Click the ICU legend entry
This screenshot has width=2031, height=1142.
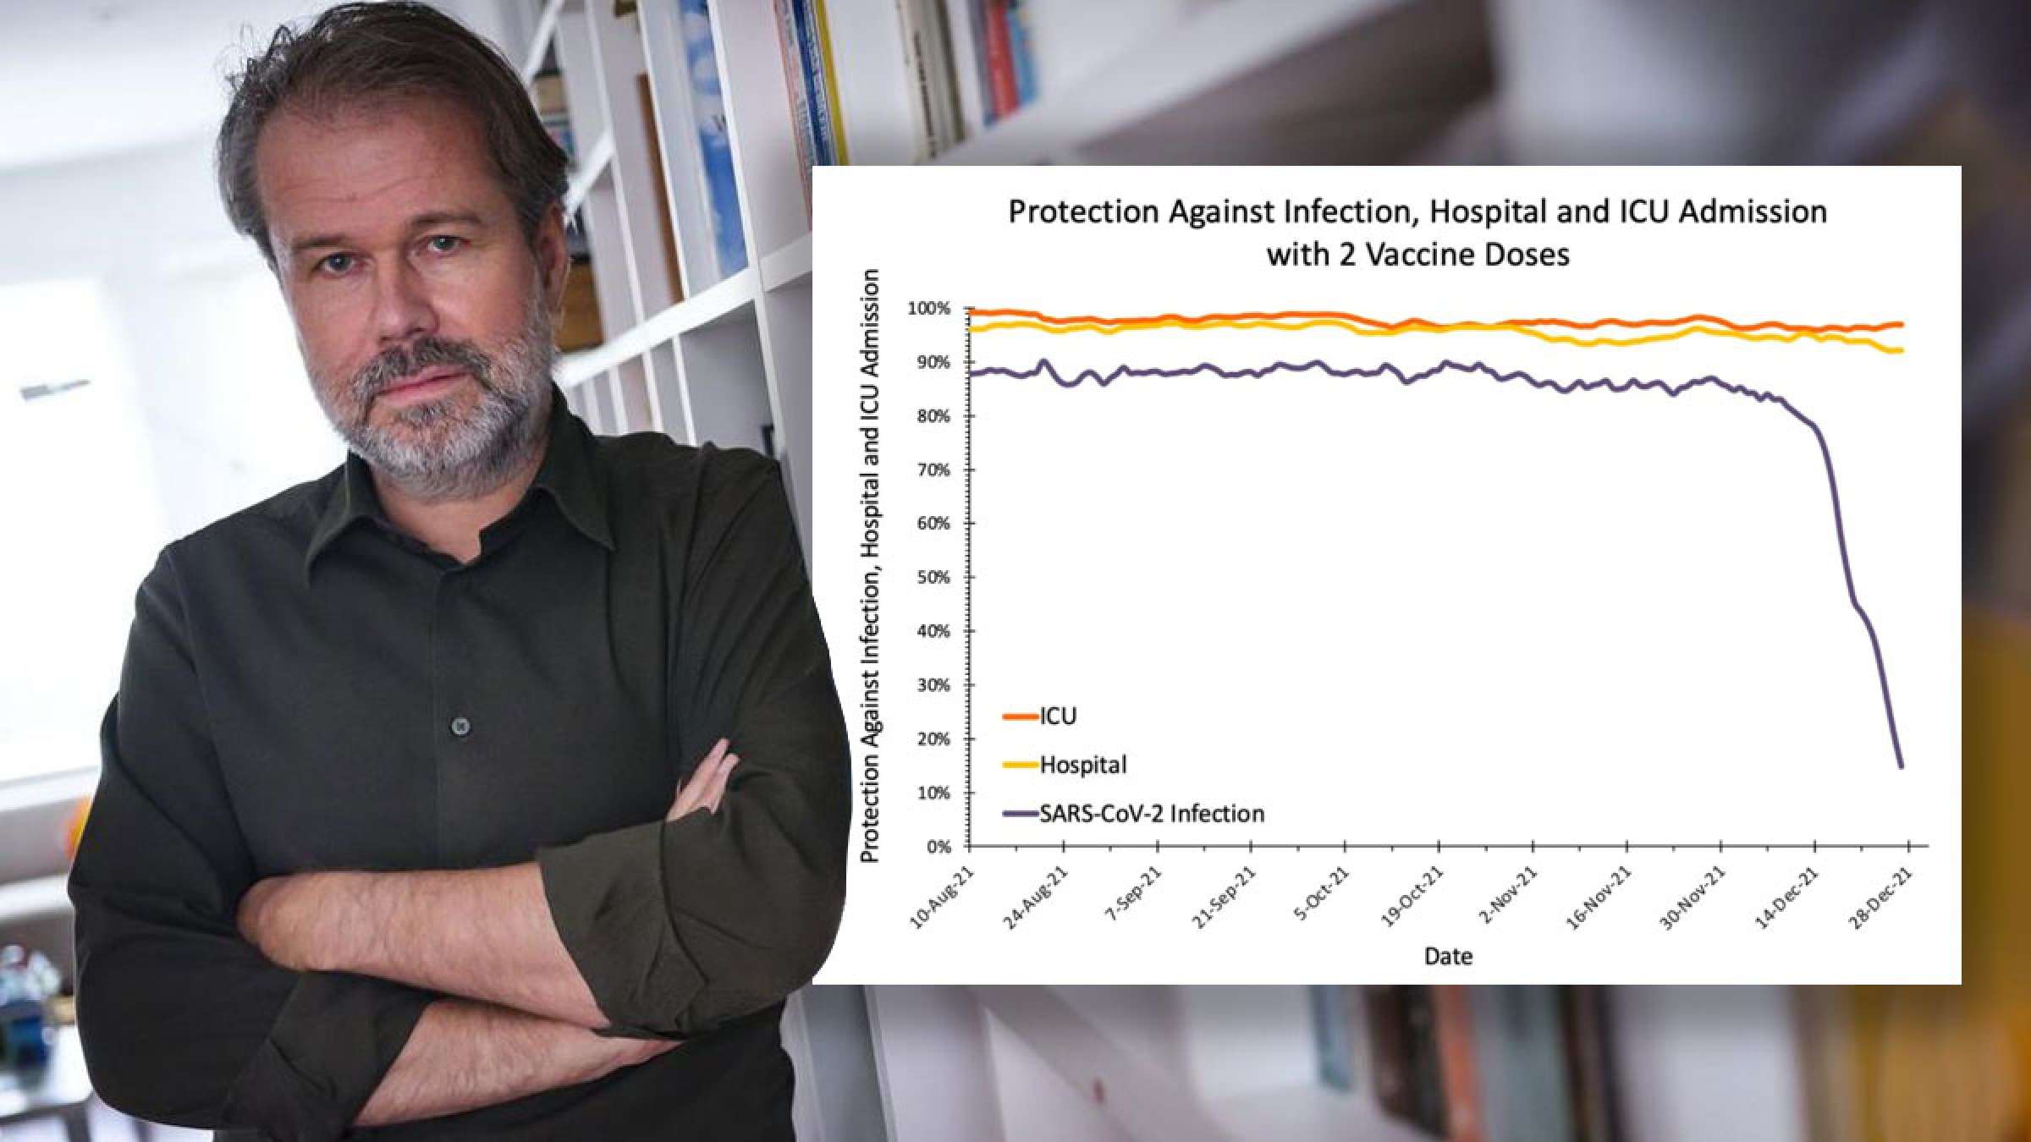[1057, 716]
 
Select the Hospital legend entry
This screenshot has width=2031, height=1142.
[1082, 765]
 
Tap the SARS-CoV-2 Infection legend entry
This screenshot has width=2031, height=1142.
[1151, 814]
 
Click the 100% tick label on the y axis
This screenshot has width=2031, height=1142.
[929, 309]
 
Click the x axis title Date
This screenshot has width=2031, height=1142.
[1448, 957]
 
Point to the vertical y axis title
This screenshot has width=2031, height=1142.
[870, 567]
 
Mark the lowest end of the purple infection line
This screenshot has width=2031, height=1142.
[1902, 766]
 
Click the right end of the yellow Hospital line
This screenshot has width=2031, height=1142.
[1902, 350]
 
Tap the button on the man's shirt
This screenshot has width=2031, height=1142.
[460, 726]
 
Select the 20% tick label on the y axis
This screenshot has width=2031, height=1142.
[934, 739]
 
